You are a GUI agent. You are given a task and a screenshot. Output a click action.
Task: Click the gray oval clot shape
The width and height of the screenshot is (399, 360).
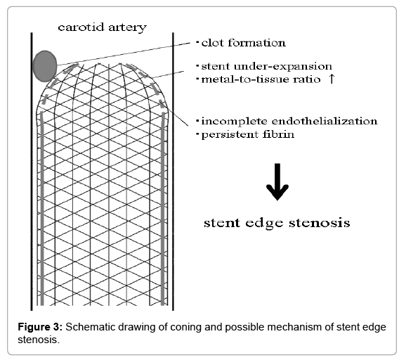[45, 66]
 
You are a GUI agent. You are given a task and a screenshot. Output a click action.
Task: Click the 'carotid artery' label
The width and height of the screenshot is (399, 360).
[103, 27]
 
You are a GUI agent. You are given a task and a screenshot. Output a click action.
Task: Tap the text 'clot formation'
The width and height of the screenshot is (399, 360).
[244, 43]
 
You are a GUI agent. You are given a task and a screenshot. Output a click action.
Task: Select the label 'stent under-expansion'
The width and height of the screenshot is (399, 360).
[267, 66]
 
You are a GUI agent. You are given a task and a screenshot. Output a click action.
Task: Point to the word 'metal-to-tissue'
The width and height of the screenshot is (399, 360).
[246, 79]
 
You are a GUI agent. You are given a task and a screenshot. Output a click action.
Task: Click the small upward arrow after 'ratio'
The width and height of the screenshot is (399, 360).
[332, 79]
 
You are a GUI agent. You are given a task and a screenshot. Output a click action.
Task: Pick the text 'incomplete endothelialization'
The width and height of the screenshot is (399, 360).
[289, 121]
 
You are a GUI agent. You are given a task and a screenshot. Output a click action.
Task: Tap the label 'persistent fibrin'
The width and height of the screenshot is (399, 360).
[248, 134]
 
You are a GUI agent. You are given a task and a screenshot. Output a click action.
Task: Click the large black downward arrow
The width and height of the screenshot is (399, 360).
[277, 182]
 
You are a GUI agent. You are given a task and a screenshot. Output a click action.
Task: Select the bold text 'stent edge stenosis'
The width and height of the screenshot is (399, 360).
[277, 223]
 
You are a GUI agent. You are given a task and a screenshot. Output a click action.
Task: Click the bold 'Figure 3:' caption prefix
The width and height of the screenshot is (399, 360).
[40, 327]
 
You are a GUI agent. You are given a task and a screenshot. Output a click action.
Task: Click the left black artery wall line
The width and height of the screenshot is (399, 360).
[32, 172]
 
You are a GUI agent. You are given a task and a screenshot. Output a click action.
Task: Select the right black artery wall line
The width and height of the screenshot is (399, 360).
[173, 172]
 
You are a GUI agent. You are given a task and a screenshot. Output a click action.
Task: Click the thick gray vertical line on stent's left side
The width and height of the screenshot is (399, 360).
[42, 209]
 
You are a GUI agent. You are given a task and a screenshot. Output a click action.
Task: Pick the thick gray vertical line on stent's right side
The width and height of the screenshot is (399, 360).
[163, 209]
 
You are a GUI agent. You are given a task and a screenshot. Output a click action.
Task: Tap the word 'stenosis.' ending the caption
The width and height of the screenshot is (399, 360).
[39, 340]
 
